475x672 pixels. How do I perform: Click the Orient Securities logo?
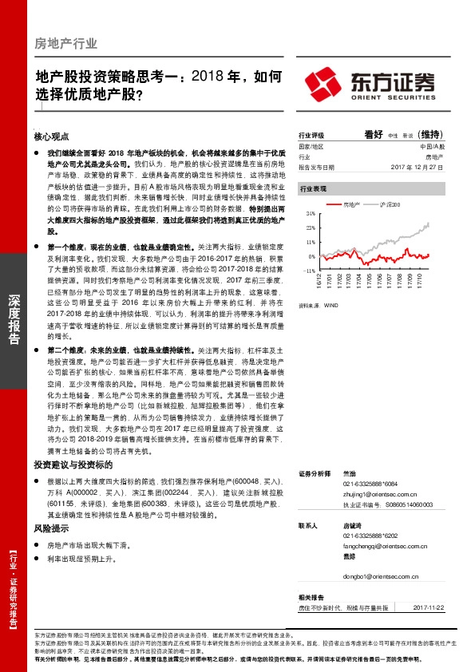tap(370, 82)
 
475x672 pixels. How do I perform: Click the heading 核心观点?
tap(52, 136)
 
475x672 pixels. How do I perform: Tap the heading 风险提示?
tap(50, 528)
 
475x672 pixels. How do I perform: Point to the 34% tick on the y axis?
tap(311, 215)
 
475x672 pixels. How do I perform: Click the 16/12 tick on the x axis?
tap(319, 282)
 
